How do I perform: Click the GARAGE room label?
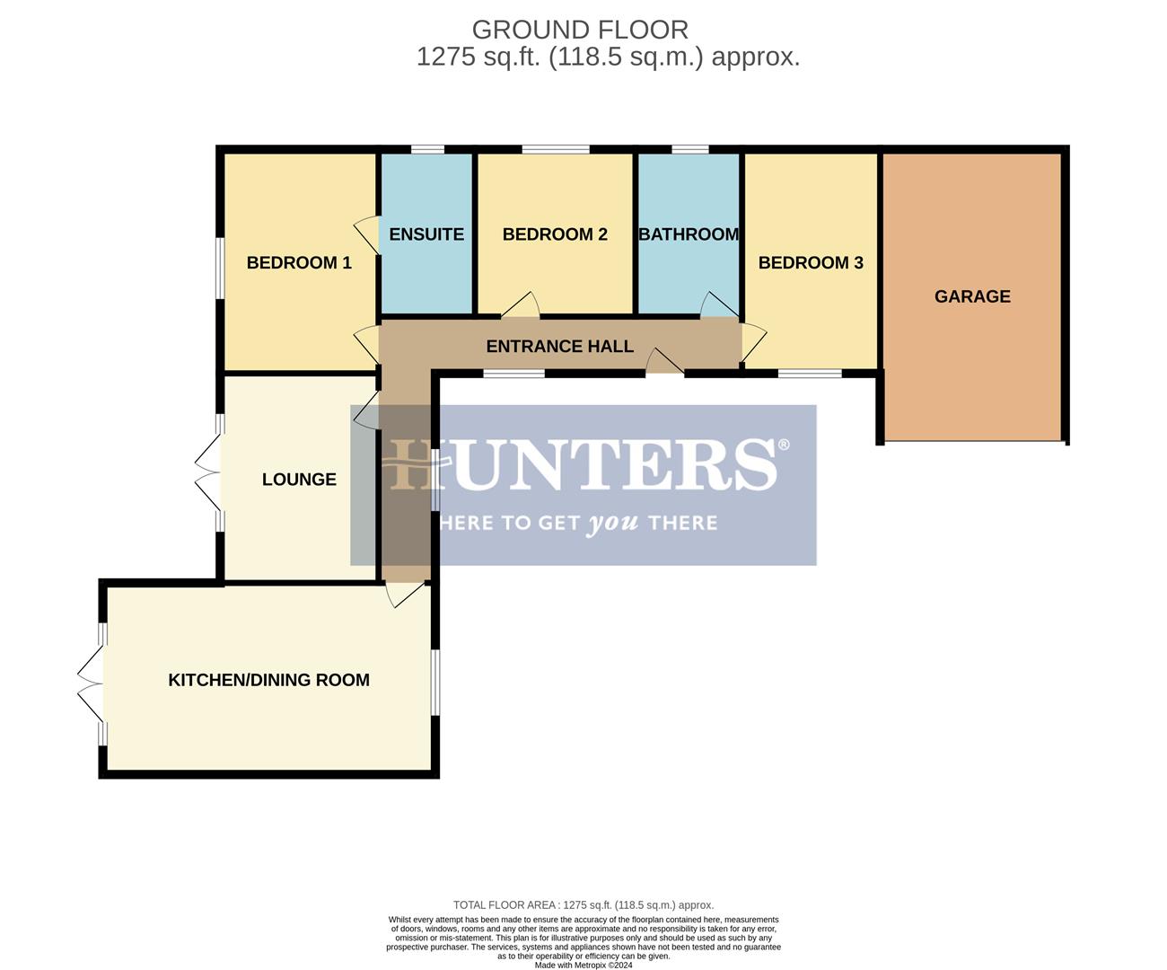tap(972, 296)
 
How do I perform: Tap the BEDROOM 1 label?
tap(299, 262)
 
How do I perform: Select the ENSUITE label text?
tap(426, 234)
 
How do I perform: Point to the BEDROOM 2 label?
tap(555, 234)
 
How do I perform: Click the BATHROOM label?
tap(689, 234)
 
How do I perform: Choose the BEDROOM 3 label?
tap(811, 262)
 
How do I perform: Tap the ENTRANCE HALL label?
tap(559, 346)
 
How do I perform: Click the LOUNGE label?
tap(299, 480)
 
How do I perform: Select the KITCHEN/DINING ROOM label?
tap(268, 680)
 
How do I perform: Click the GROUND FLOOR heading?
tap(580, 30)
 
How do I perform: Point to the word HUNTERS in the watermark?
tap(583, 464)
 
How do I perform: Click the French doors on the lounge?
tap(208, 472)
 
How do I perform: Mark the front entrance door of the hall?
tap(665, 364)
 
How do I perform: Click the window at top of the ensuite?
tap(427, 149)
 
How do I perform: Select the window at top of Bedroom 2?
tap(556, 149)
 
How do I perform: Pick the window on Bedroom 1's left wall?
tap(219, 266)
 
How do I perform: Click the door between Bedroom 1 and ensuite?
tap(367, 235)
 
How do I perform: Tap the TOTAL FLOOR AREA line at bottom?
tap(583, 905)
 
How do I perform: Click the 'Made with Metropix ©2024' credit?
tap(583, 966)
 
